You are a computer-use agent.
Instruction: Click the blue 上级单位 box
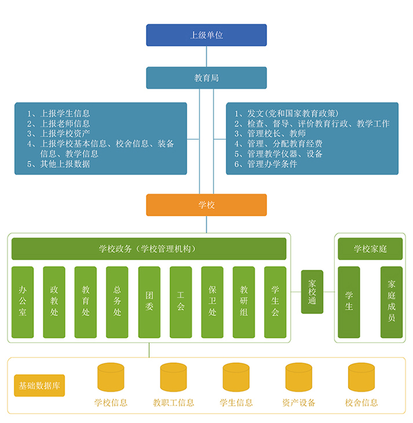[x=206, y=35]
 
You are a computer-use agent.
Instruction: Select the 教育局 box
[x=206, y=78]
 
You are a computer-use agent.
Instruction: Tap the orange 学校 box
[x=206, y=205]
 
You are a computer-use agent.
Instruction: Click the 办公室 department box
[x=23, y=302]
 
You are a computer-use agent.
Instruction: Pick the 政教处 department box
[x=54, y=302]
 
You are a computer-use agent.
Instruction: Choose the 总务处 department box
[x=117, y=302]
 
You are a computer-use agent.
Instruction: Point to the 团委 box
[x=149, y=302]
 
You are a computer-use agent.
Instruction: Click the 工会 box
[x=181, y=302]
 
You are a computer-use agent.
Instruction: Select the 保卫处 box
[x=212, y=302]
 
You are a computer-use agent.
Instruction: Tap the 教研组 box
[x=244, y=302]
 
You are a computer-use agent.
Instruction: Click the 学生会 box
[x=275, y=302]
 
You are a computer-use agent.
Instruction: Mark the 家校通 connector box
[x=312, y=292]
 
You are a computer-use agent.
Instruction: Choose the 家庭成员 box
[x=392, y=302]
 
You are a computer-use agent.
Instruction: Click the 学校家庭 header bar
[x=370, y=249]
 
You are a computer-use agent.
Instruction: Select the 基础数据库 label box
[x=39, y=385]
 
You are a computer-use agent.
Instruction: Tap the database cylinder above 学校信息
[x=111, y=377]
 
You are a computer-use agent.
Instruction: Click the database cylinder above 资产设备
[x=298, y=377]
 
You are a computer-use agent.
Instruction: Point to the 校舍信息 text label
[x=361, y=403]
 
